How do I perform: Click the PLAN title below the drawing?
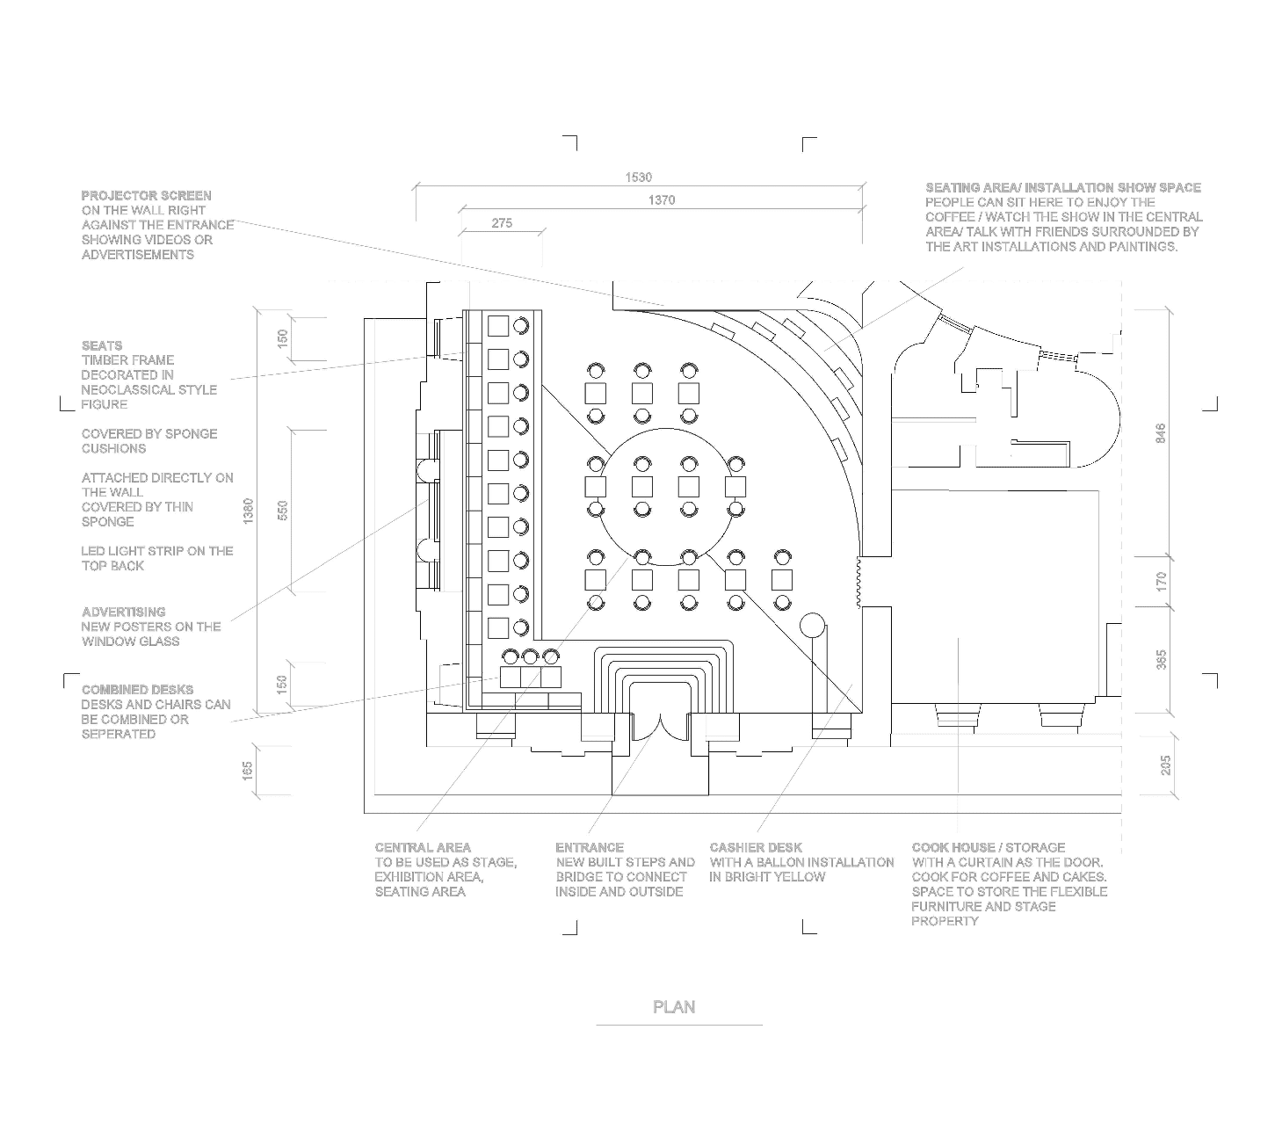click(x=674, y=1007)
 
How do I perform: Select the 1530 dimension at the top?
click(x=639, y=178)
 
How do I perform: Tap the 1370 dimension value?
click(x=662, y=200)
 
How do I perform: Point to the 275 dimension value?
click(x=502, y=223)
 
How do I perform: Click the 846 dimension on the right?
click(x=1161, y=432)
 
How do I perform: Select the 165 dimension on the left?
click(x=249, y=771)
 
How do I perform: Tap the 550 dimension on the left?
click(x=283, y=511)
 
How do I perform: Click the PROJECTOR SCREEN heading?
click(x=146, y=195)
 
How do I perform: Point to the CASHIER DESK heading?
click(x=756, y=847)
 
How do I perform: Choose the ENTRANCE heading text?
click(x=589, y=847)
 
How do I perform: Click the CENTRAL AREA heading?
click(x=423, y=847)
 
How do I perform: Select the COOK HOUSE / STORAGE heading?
click(x=988, y=847)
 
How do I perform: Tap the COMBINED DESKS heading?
click(x=137, y=690)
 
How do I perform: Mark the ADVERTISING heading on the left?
click(x=123, y=612)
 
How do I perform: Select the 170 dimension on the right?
click(x=1161, y=581)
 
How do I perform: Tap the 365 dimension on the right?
click(x=1161, y=660)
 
